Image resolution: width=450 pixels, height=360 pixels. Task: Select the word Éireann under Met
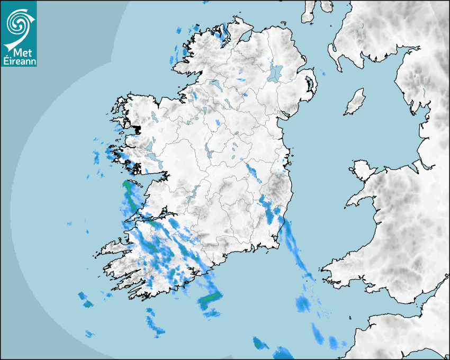point(19,61)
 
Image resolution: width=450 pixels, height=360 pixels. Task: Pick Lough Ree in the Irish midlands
point(210,154)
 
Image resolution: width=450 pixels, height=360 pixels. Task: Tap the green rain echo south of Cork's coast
point(209,300)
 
